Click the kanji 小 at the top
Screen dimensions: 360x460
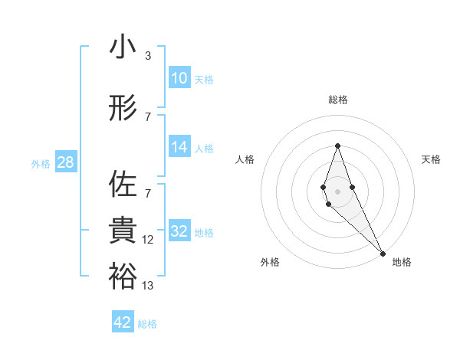pos(123,48)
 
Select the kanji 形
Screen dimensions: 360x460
pos(123,108)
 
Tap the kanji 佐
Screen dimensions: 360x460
pos(123,185)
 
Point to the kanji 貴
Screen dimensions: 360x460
pos(123,231)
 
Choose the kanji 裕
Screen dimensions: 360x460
pos(123,277)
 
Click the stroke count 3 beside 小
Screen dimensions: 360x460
pos(147,56)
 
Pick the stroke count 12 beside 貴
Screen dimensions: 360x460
pos(148,240)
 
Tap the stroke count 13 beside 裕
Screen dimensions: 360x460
pos(148,286)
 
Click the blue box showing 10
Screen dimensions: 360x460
pos(179,78)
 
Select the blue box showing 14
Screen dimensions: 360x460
pos(179,148)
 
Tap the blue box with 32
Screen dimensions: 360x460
pos(179,231)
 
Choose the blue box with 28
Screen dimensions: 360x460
pos(65,162)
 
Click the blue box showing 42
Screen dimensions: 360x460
pos(123,322)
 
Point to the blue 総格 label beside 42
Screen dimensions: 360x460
pos(147,324)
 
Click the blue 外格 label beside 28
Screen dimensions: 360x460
pos(41,163)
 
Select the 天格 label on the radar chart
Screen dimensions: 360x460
pos(432,159)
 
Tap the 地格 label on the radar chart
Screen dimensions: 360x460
pos(402,262)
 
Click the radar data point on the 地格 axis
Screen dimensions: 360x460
pos(382,252)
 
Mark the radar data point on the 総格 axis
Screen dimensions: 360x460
pos(337,146)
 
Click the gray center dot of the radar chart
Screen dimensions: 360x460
pos(337,191)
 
